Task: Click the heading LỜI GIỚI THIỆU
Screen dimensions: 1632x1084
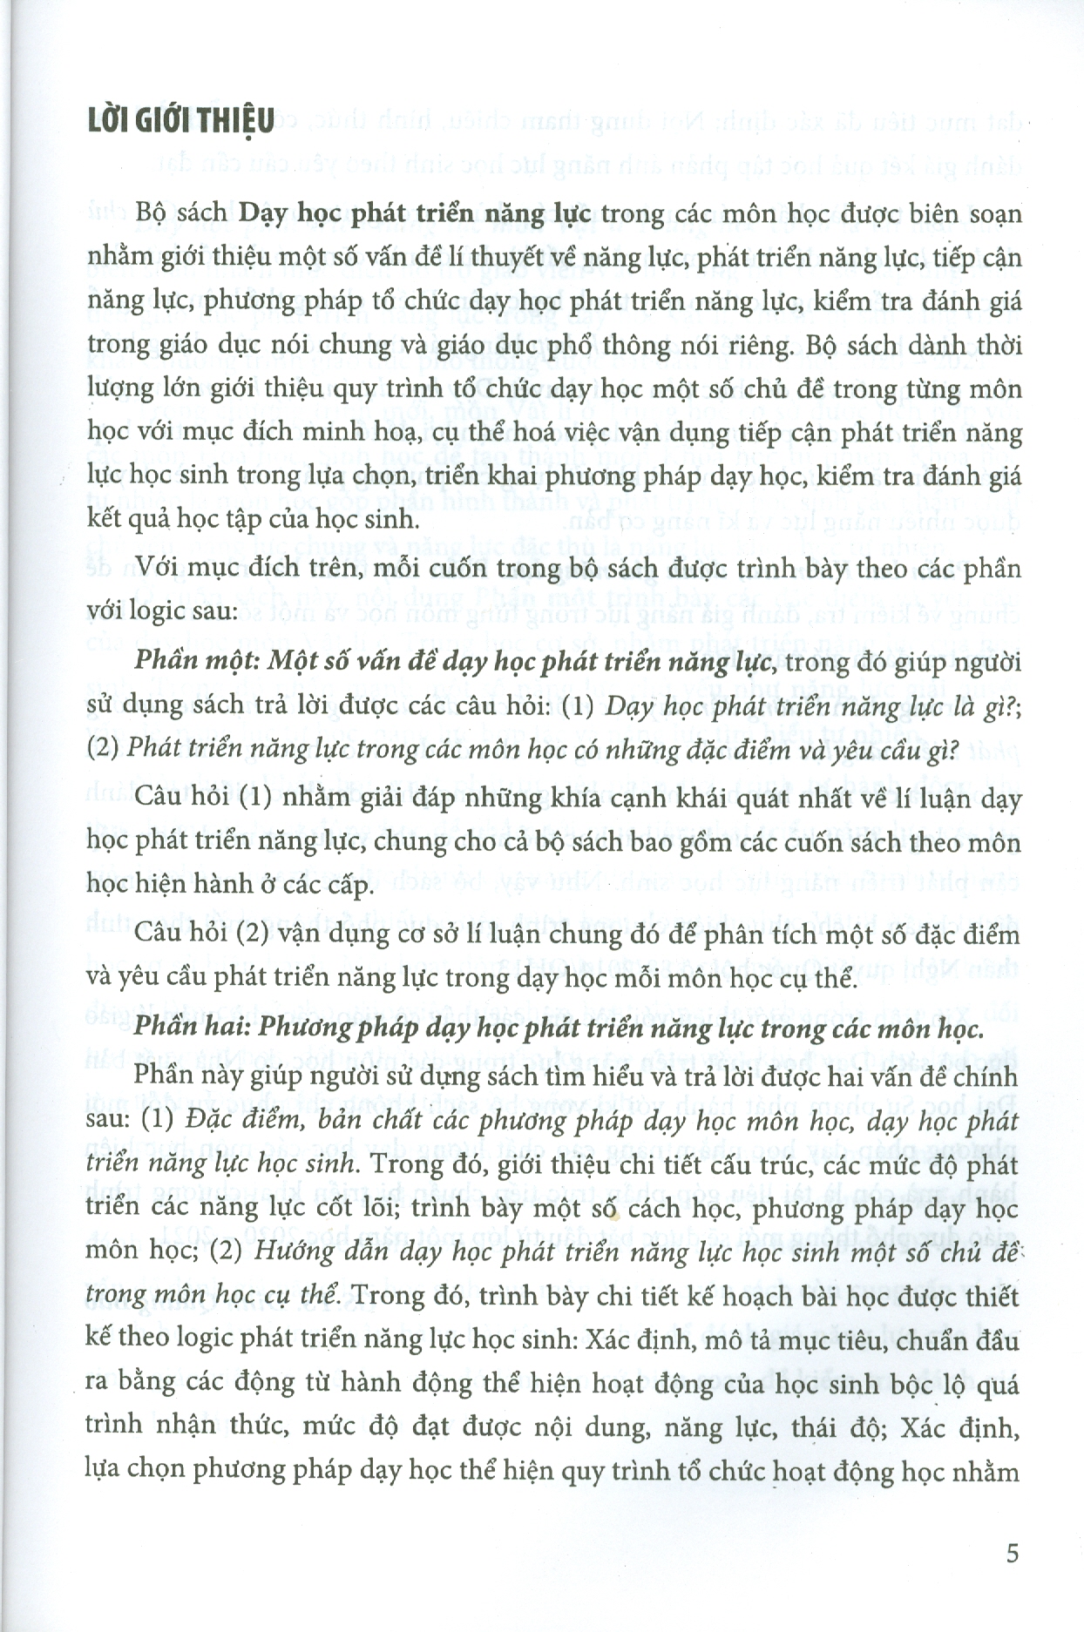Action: click(x=180, y=121)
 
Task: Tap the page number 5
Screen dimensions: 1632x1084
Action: click(x=1012, y=1553)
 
